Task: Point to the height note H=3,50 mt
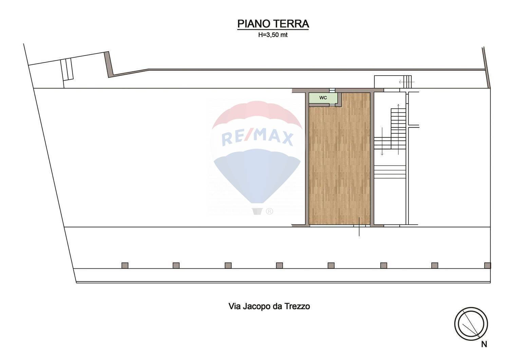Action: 273,35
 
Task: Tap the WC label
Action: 323,98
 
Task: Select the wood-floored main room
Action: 339,163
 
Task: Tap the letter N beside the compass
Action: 484,344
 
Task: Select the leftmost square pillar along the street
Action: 125,265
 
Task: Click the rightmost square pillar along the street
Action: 488,265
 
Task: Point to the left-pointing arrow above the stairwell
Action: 403,82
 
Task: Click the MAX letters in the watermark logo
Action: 275,138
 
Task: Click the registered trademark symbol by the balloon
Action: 269,211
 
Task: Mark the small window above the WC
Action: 332,90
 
